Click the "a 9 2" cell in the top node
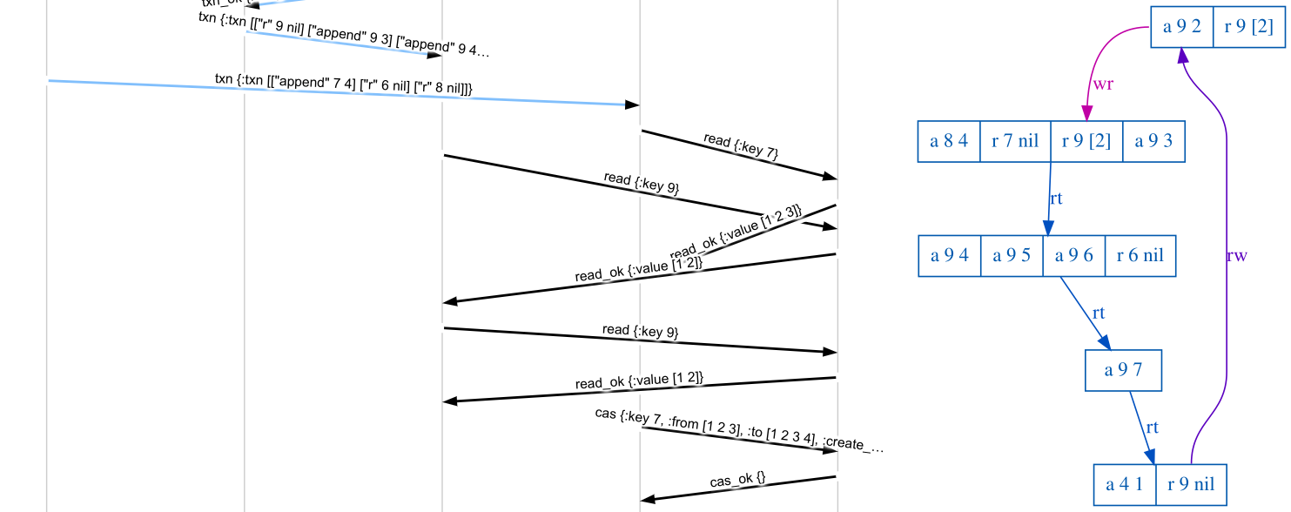tap(1181, 27)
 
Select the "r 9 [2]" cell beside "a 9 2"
tap(1248, 27)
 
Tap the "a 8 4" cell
tap(949, 141)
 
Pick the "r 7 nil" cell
tap(1015, 141)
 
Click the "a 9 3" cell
tap(1154, 141)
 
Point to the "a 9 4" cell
tap(950, 256)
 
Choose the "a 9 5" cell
tap(1012, 256)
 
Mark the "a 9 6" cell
tap(1073, 256)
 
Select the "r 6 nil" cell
tap(1140, 256)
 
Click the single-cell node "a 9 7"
tap(1123, 370)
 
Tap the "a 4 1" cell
tap(1125, 485)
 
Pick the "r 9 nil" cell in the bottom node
tap(1191, 485)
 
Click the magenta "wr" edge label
tap(1103, 84)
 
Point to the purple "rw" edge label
tap(1236, 256)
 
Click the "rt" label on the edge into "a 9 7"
tap(1099, 313)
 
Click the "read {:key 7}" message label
tap(740, 145)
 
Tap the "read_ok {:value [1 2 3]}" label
tap(736, 232)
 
